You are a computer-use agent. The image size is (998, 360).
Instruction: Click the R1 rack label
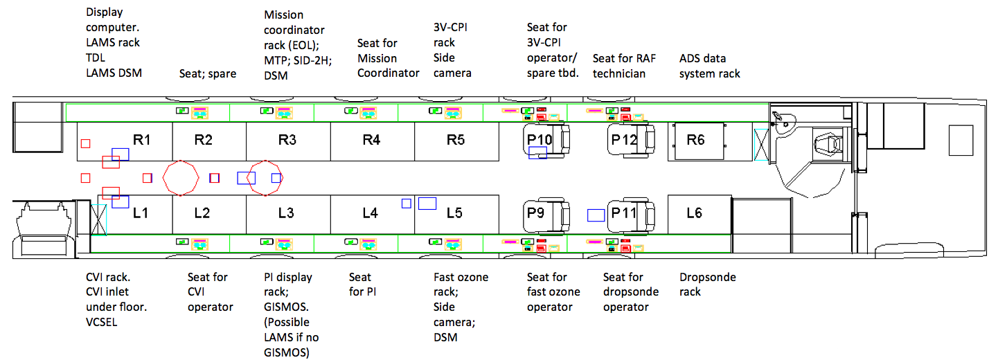(142, 140)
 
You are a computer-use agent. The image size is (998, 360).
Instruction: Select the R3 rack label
(287, 140)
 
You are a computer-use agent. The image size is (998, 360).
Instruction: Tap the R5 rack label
(456, 140)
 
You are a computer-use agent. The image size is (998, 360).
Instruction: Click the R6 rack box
(696, 141)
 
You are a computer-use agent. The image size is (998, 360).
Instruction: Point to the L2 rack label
(202, 213)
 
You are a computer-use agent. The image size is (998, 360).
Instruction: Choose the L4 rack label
(371, 213)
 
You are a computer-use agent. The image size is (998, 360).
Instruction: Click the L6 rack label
(694, 213)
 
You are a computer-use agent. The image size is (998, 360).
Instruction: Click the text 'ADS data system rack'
(709, 66)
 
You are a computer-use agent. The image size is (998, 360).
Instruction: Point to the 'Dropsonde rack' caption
(708, 285)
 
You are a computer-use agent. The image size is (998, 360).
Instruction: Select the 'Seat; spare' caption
(208, 73)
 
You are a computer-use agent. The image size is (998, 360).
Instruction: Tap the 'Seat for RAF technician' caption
(624, 66)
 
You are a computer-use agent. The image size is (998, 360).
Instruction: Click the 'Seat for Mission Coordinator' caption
(388, 59)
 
